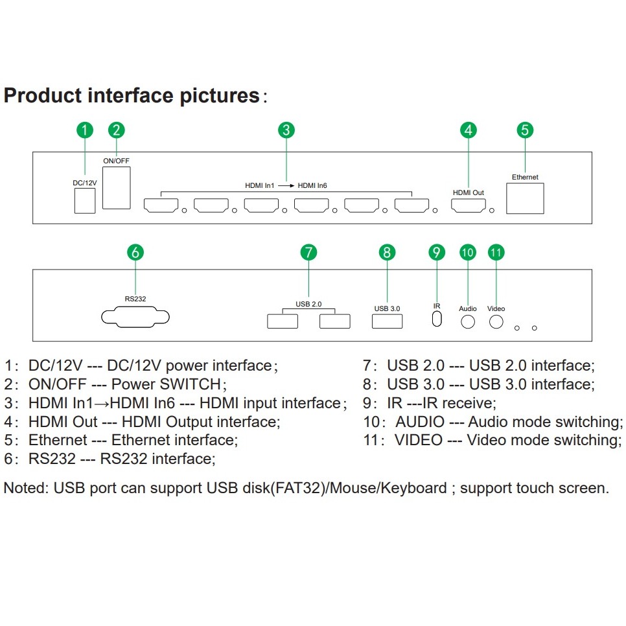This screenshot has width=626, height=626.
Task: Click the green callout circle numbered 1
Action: coord(85,130)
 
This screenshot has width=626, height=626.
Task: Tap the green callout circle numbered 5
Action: coord(525,130)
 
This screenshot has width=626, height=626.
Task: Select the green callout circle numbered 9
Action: coord(437,252)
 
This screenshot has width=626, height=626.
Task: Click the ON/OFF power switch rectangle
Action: coord(117,187)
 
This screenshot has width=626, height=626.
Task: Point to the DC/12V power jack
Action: coord(84,202)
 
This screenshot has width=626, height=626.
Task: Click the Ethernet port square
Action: coord(525,198)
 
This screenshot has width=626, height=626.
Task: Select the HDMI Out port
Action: coord(468,206)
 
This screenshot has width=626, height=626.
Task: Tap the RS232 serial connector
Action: coord(135,318)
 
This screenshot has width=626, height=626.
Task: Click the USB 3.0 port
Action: coord(387,320)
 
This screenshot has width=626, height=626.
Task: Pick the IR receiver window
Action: coord(437,319)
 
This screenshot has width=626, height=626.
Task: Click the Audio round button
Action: coord(468,320)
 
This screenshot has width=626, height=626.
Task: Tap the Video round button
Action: coord(496,320)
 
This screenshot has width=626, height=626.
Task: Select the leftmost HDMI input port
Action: coord(159,206)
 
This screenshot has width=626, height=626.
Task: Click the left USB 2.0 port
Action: coord(283,320)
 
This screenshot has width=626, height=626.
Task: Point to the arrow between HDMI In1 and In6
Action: coord(286,186)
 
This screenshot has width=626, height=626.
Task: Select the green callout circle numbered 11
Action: coord(496,252)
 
